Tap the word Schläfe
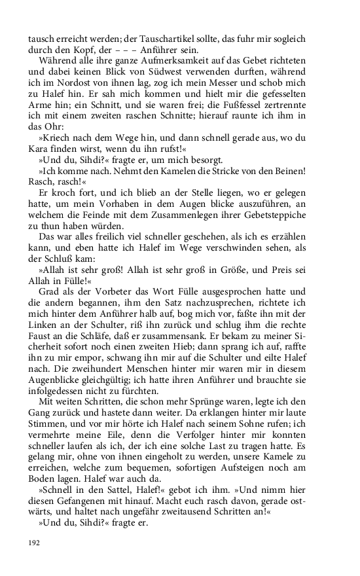pos(92,328)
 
